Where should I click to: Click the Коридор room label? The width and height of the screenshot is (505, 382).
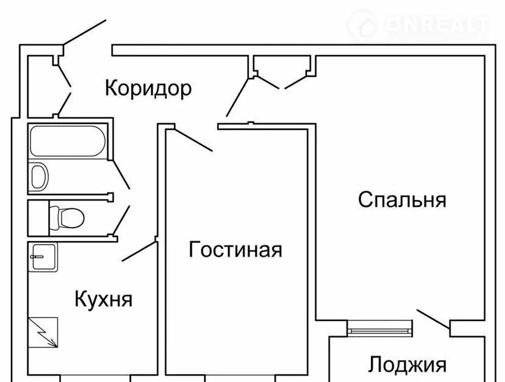tap(148, 88)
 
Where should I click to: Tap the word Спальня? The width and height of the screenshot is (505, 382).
tap(402, 200)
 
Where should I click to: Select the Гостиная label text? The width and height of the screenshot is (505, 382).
tap(235, 250)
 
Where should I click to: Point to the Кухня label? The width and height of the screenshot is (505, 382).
tap(103, 300)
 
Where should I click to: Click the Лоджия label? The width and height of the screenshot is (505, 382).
tap(407, 365)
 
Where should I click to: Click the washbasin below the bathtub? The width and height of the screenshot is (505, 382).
tap(39, 176)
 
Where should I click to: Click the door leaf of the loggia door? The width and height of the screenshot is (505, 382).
tap(433, 320)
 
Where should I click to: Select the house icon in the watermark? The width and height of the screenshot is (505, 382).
tap(365, 25)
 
